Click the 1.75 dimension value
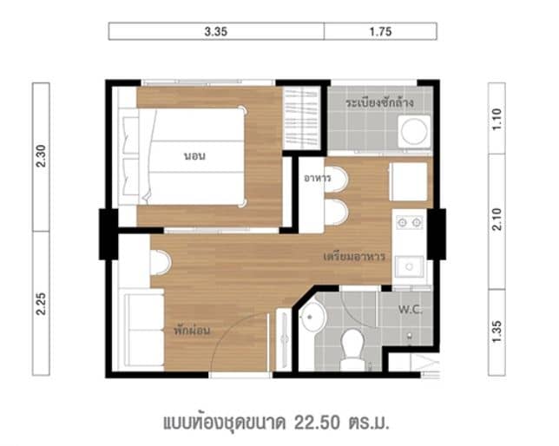380,32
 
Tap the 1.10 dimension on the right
497,119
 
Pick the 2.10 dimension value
497,222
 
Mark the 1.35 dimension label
497,332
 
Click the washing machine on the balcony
413,132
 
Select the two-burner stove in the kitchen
409,223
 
